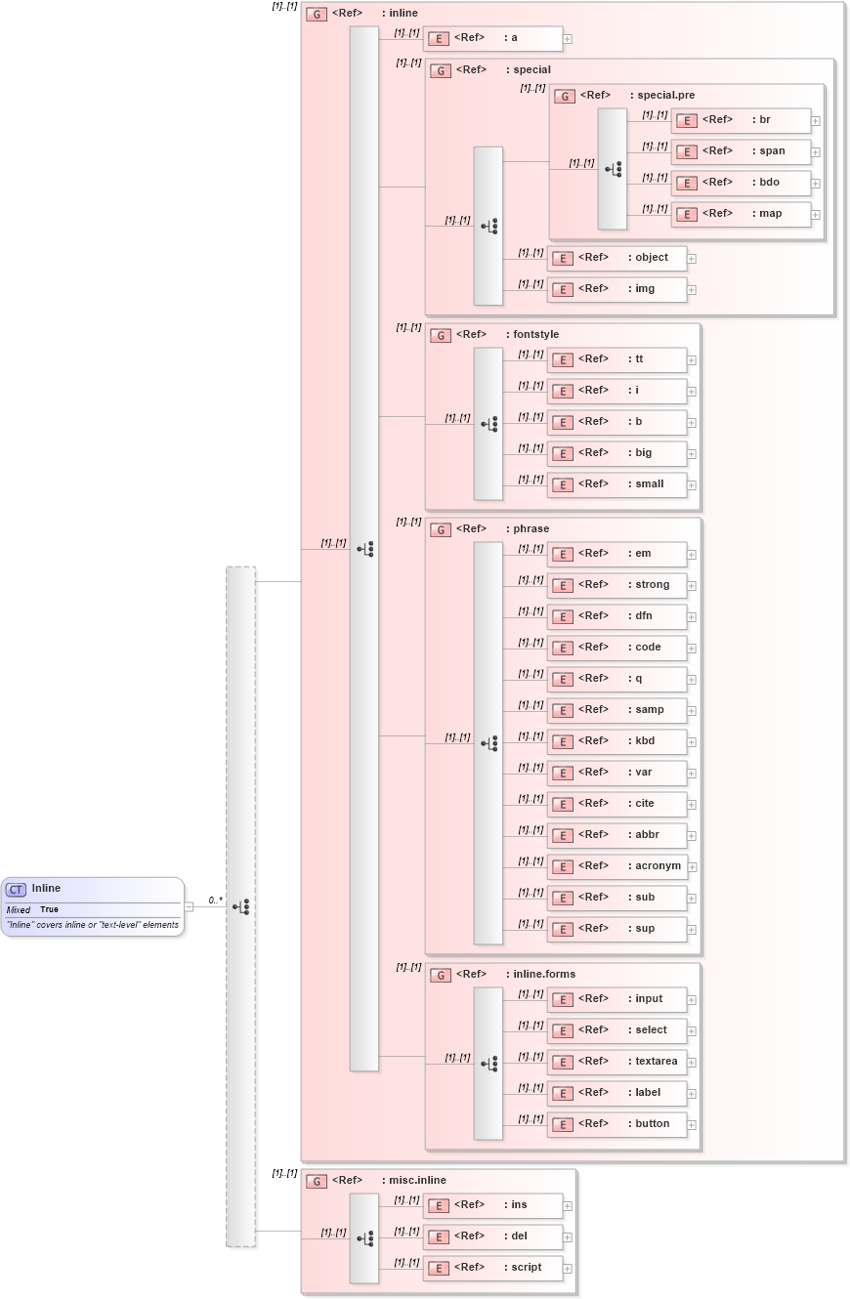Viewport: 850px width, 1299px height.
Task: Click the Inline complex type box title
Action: (x=46, y=888)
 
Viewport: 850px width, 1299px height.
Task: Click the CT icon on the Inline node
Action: (x=16, y=889)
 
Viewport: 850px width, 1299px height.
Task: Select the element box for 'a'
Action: (x=492, y=38)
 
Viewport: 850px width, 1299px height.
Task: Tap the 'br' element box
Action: (x=741, y=120)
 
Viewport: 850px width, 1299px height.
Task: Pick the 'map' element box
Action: (x=741, y=214)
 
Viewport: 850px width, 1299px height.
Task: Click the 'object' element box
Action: (x=616, y=258)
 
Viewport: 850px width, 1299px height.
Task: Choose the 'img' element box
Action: (x=616, y=289)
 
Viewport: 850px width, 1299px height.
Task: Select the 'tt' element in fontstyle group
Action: (x=616, y=359)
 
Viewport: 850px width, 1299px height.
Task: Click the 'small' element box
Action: (x=616, y=484)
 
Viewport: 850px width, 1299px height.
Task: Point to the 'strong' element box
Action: (x=616, y=585)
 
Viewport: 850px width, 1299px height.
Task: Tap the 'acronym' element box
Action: (x=616, y=866)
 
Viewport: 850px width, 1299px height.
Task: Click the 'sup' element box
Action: (x=616, y=929)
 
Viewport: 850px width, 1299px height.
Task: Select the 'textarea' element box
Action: (x=616, y=1062)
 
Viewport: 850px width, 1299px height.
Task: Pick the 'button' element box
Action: (x=616, y=1124)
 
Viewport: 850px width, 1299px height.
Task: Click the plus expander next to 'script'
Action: (x=568, y=1269)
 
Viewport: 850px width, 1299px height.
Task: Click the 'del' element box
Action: (x=492, y=1236)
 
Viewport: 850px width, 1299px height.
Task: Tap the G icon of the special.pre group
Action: (x=564, y=96)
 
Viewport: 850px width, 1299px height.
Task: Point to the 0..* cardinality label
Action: (x=215, y=901)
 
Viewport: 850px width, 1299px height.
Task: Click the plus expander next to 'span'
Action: (x=816, y=152)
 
